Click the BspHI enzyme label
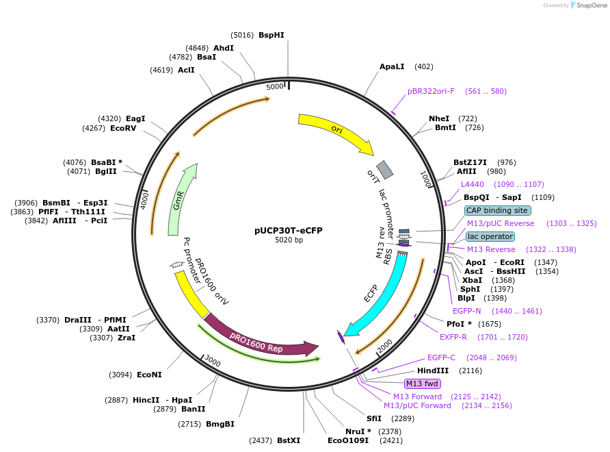(271, 35)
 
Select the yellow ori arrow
(335, 130)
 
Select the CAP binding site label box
(497, 210)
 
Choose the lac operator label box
(490, 236)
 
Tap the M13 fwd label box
(423, 384)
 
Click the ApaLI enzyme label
(392, 66)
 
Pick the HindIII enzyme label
(433, 371)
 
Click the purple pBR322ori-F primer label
(431, 91)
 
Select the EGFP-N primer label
(466, 311)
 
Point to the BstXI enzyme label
(288, 440)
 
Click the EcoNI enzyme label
(149, 375)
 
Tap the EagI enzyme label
(135, 118)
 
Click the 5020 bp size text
(289, 240)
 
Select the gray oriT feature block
(385, 169)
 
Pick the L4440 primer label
(472, 184)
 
